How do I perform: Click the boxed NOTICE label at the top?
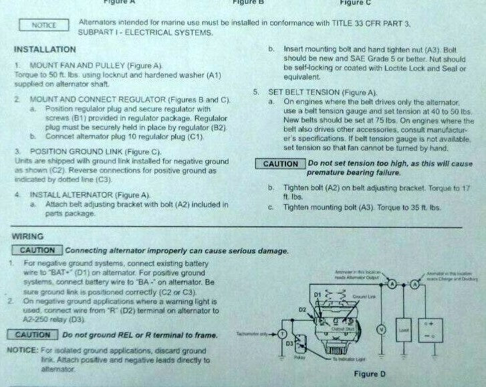tap(44, 25)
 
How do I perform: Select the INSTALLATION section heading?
tap(44, 50)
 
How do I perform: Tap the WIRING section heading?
tap(28, 236)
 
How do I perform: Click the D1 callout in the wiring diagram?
tap(318, 295)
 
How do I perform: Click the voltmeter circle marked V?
tap(381, 329)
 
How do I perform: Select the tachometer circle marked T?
tap(283, 333)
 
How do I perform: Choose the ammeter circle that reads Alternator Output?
tap(387, 284)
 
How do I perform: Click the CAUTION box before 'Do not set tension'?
tap(281, 164)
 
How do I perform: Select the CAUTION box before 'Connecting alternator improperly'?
tap(37, 250)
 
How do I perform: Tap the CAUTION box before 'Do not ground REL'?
tap(33, 335)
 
